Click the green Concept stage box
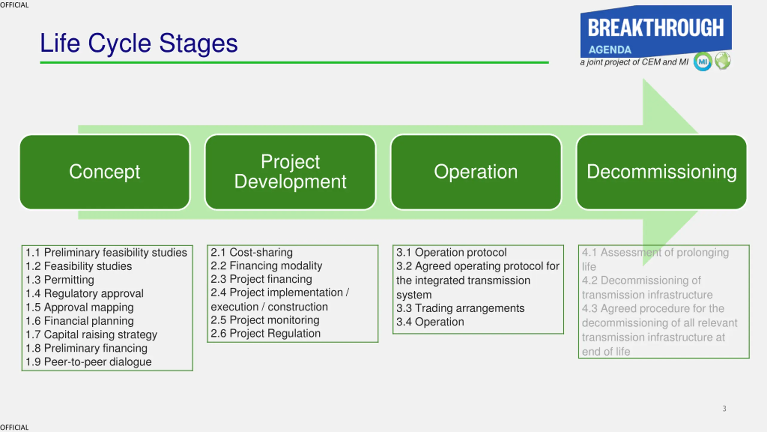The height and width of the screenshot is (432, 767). [105, 172]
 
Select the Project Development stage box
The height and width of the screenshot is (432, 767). [290, 172]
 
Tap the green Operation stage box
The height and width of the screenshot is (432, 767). [476, 172]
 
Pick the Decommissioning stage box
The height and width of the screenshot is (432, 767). [662, 172]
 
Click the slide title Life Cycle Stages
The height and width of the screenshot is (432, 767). [139, 43]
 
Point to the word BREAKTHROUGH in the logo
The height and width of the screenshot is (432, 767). [656, 28]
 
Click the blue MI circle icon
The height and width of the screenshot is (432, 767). [703, 62]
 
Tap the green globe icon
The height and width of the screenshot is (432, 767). [723, 61]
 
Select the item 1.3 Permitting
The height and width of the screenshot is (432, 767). [60, 280]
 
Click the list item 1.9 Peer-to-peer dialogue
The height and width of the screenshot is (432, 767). [89, 362]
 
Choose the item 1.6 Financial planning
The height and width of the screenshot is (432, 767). [80, 321]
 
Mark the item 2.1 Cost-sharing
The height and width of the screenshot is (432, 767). [252, 252]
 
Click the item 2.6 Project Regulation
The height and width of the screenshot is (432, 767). [266, 333]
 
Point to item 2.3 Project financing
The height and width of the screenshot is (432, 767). [261, 279]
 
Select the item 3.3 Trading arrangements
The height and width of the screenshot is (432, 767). [460, 308]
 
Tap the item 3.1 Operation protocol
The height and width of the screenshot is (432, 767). [452, 252]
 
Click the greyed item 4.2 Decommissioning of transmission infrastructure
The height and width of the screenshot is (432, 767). [647, 287]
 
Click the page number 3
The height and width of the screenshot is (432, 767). [724, 409]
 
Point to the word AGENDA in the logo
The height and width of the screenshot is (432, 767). [610, 50]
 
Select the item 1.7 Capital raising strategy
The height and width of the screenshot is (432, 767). [91, 334]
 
